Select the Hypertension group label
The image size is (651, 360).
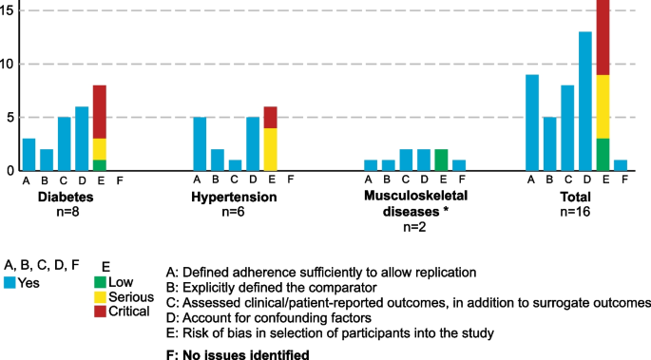234,198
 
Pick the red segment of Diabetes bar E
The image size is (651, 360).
100,112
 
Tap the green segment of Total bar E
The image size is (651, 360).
603,154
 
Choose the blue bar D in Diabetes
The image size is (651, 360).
82,139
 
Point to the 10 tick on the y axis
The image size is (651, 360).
7,64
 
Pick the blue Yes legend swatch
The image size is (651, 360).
9,283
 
